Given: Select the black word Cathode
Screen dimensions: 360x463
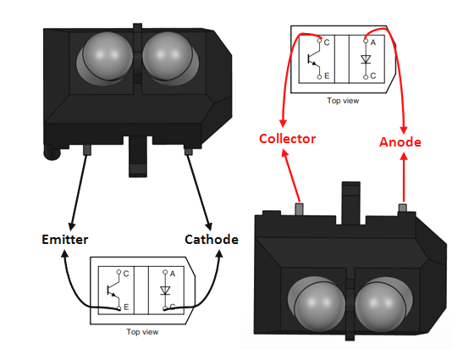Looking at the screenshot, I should [212, 240].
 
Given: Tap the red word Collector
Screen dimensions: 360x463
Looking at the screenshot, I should [287, 139].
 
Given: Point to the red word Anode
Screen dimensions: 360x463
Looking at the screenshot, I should [399, 141].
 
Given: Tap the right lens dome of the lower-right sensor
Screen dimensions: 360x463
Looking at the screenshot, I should [380, 305].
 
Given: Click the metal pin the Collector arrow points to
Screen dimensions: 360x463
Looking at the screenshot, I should [298, 208].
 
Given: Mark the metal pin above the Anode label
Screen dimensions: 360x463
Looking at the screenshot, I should [403, 208].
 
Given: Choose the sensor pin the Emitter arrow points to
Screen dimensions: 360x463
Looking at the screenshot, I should [86, 149].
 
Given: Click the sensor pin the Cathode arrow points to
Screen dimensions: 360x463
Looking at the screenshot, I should [187, 150].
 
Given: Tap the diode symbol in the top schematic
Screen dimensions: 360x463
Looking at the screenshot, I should [365, 59].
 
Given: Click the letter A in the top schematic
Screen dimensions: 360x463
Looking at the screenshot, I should [373, 40].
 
